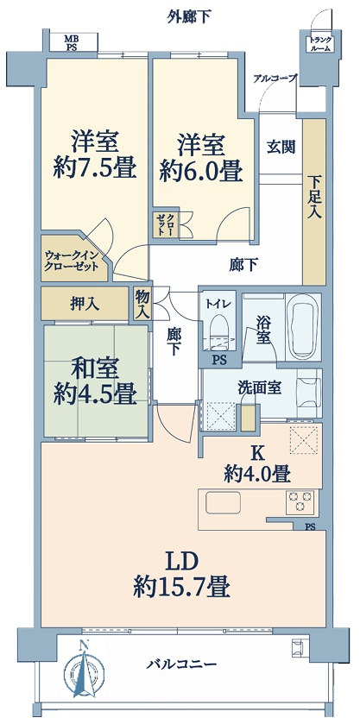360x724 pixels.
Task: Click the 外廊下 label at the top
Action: [x=188, y=15]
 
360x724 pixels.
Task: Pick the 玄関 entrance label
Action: [x=280, y=146]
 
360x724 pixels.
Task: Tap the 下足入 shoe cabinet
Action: [x=314, y=198]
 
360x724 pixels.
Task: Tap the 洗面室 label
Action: [x=261, y=387]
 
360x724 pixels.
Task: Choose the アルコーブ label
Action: [x=275, y=79]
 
